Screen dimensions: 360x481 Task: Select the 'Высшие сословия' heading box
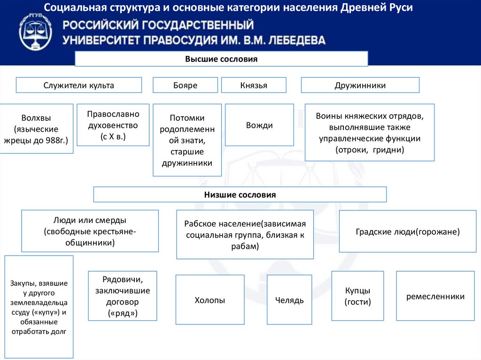[221, 59]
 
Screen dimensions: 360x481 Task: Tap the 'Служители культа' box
[79, 85]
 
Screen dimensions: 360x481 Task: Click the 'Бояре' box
[185, 85]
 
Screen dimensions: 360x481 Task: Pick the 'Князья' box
[254, 85]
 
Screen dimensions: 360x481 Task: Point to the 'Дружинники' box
[360, 85]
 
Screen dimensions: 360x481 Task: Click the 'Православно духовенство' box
[113, 125]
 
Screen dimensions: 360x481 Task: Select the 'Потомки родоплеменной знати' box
[187, 140]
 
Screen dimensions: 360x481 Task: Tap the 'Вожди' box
[259, 125]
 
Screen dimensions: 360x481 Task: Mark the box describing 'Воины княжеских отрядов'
[370, 132]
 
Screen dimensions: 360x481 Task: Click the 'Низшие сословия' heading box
[240, 194]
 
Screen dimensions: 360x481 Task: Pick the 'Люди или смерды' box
[90, 231]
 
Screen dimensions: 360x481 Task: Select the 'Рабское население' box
[245, 234]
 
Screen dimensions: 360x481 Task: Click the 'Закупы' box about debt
[39, 307]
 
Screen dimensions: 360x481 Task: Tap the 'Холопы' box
[209, 300]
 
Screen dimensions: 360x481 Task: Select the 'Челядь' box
[289, 300]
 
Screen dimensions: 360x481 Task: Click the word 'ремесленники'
[435, 296]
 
